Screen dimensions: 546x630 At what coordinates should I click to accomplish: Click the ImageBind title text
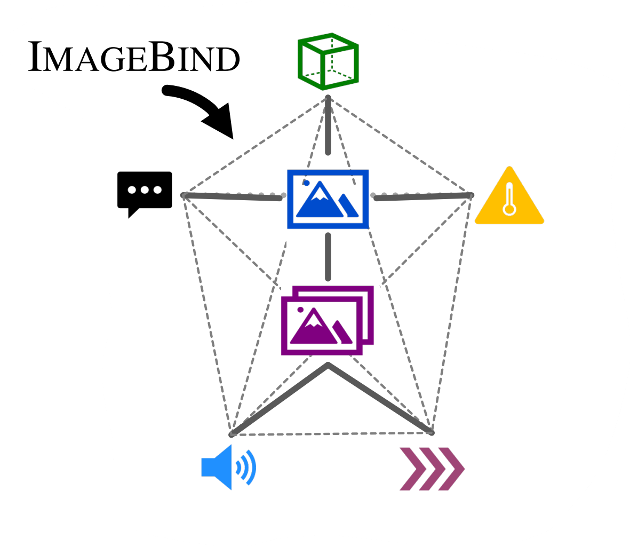click(133, 57)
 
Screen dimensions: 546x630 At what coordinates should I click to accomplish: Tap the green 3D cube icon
click(328, 61)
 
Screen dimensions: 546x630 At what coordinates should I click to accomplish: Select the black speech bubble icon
click(145, 191)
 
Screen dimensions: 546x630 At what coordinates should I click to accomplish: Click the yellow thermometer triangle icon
click(509, 198)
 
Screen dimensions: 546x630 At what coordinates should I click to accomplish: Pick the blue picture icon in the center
click(328, 199)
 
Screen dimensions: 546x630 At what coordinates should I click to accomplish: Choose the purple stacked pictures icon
click(327, 320)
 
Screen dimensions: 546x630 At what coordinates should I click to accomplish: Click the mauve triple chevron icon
click(432, 469)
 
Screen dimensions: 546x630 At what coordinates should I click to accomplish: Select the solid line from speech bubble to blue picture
click(232, 197)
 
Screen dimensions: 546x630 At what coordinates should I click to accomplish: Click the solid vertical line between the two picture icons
click(328, 257)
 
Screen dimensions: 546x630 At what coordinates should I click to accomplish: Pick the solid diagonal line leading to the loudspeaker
click(279, 400)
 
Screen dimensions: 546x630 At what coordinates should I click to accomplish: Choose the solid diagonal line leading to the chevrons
click(380, 399)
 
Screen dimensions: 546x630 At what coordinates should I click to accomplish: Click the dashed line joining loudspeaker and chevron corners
click(331, 434)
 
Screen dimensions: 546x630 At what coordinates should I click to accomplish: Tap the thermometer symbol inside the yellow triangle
click(509, 200)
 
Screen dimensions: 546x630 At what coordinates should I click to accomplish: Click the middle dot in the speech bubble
click(145, 189)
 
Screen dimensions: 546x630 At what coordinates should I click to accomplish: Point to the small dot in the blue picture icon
click(307, 183)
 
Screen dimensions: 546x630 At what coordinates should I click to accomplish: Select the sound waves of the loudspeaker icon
click(247, 468)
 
